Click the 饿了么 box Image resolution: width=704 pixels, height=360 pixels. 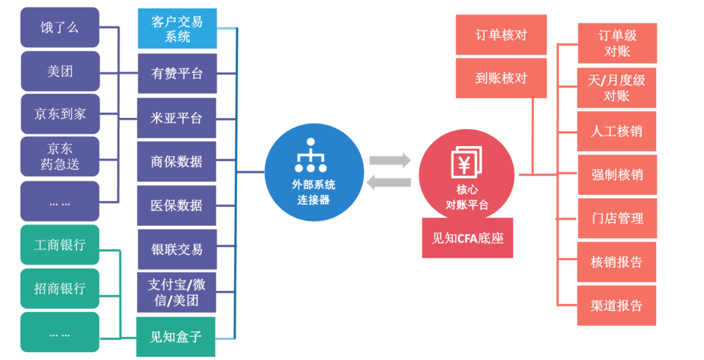pos(60,27)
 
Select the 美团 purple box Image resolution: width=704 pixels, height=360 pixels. pos(60,71)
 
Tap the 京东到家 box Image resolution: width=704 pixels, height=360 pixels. pos(60,113)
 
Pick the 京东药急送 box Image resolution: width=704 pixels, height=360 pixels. pos(60,157)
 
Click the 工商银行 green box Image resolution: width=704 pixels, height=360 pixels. pos(60,245)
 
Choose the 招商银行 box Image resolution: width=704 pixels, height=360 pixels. pos(60,288)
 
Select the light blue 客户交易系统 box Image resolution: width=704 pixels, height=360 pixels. pos(177,28)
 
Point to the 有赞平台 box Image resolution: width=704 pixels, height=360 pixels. pos(177,74)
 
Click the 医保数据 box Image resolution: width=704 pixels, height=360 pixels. pos(177,205)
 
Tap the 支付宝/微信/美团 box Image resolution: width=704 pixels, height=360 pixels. pos(177,292)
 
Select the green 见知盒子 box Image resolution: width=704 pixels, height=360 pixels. pos(176,337)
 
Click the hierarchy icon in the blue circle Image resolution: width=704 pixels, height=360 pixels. pos(311,155)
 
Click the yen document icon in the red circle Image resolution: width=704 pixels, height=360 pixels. pos(467,162)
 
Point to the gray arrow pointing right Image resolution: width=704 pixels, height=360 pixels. pos(390,160)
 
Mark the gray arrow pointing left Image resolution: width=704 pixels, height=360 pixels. pos(389,183)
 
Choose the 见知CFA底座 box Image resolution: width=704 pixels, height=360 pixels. pos(467,238)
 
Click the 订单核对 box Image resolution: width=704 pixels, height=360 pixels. pos(501,35)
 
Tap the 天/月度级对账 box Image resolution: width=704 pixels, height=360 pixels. pos(617,87)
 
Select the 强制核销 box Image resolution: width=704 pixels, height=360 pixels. pos(617,175)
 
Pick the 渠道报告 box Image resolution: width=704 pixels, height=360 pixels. pos(617,306)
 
